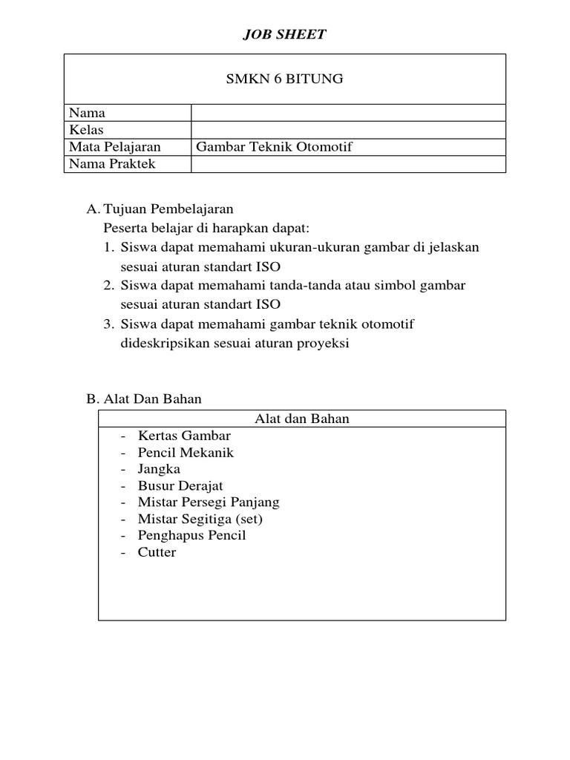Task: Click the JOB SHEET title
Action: point(285,35)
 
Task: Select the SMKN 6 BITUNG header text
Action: point(285,79)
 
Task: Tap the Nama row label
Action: point(87,113)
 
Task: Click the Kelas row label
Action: point(87,130)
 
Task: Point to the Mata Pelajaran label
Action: point(115,147)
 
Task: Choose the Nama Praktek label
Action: point(112,164)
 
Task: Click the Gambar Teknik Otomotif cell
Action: point(274,147)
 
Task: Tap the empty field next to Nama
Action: point(348,113)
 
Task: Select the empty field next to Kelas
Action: point(348,130)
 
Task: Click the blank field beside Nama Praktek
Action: point(348,164)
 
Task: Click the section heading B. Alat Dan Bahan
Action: point(144,399)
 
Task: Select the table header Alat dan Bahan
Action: point(301,419)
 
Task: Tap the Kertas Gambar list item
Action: point(184,436)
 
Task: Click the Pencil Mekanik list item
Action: point(186,453)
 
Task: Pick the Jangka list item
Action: point(159,469)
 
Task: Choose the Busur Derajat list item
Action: point(180,486)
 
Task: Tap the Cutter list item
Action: point(157,552)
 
